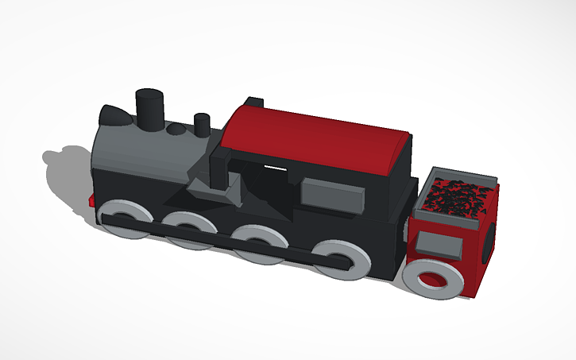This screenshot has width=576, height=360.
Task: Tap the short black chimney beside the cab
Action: click(x=203, y=125)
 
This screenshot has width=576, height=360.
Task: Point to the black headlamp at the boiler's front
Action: click(x=116, y=115)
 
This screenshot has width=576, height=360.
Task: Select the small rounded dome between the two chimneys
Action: click(x=176, y=127)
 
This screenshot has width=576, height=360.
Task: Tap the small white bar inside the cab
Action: click(x=274, y=168)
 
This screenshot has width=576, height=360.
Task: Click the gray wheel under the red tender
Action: click(x=433, y=278)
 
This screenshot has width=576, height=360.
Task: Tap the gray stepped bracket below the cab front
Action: click(x=215, y=191)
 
